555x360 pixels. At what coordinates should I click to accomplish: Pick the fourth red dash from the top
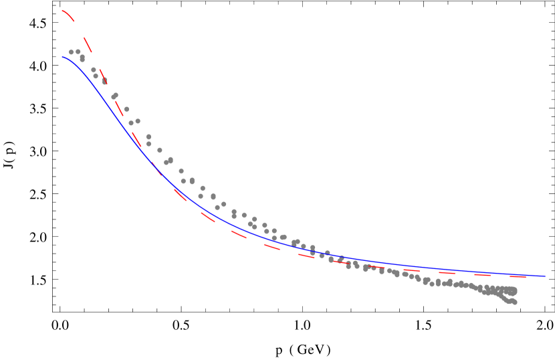pos(118,107)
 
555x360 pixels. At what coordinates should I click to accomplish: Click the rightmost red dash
pos(518,276)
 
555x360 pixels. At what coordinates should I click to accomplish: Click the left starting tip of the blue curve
pos(62,57)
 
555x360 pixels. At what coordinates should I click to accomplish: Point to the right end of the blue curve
pos(545,276)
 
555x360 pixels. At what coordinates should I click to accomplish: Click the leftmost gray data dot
pos(71,52)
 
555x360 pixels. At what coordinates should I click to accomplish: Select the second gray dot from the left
pos(78,52)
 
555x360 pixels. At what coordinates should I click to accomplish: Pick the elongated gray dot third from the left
pos(82,58)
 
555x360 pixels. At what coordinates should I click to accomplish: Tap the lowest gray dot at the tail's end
pos(514,302)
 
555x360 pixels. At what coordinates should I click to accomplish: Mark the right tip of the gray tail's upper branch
pos(514,290)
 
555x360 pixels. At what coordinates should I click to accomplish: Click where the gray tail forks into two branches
pos(495,292)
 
